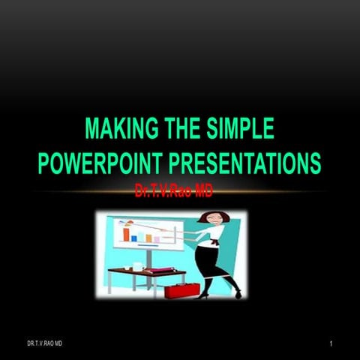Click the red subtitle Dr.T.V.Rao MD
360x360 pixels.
click(x=173, y=193)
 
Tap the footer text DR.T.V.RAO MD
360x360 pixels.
click(x=45, y=343)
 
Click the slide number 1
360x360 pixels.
click(x=329, y=343)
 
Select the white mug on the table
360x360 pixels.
click(x=136, y=265)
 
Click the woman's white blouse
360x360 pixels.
click(x=214, y=241)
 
